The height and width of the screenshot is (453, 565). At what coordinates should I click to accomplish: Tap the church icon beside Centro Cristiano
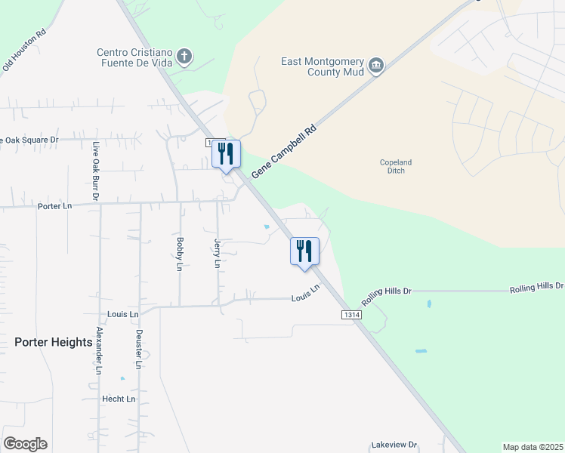184,56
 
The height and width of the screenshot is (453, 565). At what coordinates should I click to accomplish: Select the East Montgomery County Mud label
323,66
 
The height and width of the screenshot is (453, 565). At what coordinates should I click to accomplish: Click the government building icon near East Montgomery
376,66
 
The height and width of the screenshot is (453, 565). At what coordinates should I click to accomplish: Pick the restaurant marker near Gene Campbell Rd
226,154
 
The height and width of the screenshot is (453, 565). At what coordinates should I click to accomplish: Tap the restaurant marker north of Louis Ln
304,251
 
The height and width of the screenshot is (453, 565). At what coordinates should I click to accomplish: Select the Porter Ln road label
54,206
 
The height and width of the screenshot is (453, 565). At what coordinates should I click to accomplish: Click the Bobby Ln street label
180,254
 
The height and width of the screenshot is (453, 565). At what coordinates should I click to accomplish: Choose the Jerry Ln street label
218,254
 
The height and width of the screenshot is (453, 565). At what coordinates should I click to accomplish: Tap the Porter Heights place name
53,342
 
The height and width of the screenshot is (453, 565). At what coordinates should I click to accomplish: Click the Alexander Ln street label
98,352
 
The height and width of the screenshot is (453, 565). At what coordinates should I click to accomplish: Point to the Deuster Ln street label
139,348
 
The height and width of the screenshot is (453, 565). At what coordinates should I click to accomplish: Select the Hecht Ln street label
119,399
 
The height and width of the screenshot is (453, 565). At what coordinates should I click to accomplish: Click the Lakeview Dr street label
394,445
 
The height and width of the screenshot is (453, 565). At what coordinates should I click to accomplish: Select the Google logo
25,444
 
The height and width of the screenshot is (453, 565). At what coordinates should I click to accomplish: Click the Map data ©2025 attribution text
532,447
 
